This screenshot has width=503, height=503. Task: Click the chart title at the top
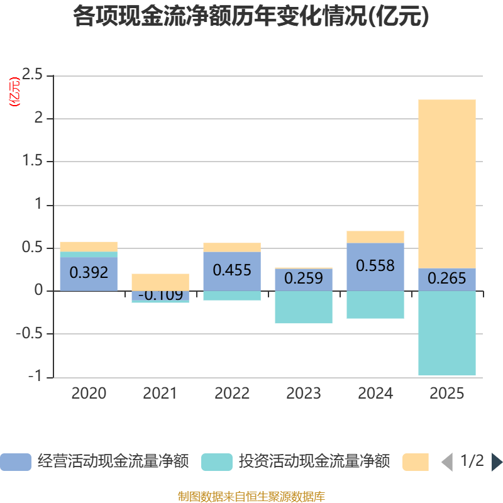coord(251,16)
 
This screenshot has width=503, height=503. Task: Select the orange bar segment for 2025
coord(447,184)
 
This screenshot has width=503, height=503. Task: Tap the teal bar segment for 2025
coord(447,333)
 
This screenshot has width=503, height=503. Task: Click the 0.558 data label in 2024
coord(375,265)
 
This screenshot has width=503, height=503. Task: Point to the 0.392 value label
coord(89,273)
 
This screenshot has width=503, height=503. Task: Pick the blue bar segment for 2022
coord(232,272)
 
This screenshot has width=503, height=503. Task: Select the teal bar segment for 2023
coord(304,307)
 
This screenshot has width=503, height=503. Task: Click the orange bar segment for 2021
coord(160,282)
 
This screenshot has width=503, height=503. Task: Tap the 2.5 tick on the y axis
coord(32,74)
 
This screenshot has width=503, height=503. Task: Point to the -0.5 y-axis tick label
coord(30,334)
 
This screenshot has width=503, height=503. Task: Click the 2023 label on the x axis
coord(304,394)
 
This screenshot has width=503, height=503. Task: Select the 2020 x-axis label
coord(89,394)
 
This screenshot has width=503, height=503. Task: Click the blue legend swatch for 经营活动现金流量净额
coord(16,462)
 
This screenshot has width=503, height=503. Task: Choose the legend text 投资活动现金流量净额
coord(314,462)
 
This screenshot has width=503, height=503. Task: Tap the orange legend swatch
coord(416,462)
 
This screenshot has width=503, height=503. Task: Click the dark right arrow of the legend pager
coord(497,462)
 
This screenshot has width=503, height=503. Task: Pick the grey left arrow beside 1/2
coord(447,462)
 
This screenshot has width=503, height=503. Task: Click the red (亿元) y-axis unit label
coord(14,92)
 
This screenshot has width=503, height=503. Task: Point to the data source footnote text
coord(251,496)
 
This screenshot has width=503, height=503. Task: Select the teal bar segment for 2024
coord(375,305)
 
